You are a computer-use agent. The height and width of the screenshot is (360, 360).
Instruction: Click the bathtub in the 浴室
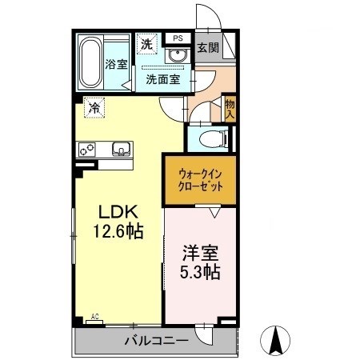pos(90,62)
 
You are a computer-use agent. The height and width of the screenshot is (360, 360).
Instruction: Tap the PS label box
pos(178,38)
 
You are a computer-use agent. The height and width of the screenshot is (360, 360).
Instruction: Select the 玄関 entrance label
pos(208,48)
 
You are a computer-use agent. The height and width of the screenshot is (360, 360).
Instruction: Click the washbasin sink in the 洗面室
pos(176,55)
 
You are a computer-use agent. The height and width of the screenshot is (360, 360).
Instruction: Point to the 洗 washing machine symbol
pos(146,44)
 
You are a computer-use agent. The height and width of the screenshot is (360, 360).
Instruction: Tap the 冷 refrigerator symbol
pos(94,108)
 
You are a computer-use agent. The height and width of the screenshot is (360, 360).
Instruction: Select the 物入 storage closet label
pos(230,109)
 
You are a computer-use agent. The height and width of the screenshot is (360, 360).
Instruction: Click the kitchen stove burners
pos(87,150)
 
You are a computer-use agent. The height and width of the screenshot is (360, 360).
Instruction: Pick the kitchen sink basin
pos(122,149)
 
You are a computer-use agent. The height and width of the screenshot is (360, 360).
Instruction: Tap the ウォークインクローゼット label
pos(200,181)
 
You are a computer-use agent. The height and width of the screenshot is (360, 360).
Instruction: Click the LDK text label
pos(118,212)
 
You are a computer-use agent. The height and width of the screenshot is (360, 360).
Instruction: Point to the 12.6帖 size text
pos(118,231)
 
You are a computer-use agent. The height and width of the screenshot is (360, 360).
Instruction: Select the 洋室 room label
pos(201,253)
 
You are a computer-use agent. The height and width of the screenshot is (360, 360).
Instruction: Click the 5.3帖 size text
pos(200,272)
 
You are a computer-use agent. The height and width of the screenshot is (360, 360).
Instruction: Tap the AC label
pos(95,317)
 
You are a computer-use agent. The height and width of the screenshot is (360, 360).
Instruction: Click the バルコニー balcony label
pos(157,341)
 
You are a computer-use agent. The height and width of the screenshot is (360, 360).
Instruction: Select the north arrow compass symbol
pos(275,341)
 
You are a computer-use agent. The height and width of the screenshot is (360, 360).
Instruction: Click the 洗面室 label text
pos(163,79)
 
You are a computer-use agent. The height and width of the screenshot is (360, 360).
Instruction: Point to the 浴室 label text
pos(116,64)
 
